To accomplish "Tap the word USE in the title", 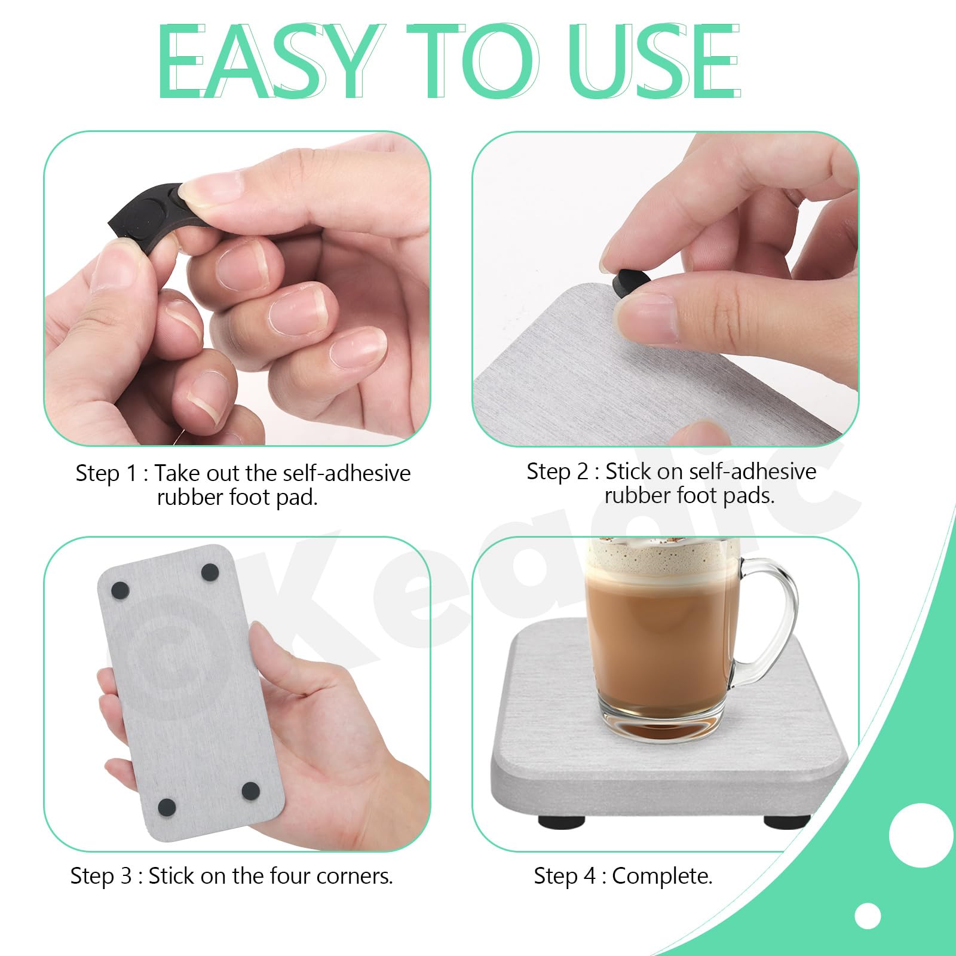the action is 654,61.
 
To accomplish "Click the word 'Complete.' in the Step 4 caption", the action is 662,877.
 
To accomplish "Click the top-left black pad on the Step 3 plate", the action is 120,591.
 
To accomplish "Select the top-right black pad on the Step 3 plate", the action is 210,572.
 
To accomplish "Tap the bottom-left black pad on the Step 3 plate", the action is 167,808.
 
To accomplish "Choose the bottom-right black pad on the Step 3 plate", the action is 250,791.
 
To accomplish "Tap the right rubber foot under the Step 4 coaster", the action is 786,822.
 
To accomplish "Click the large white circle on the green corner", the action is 921,835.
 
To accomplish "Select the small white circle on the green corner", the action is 868,916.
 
